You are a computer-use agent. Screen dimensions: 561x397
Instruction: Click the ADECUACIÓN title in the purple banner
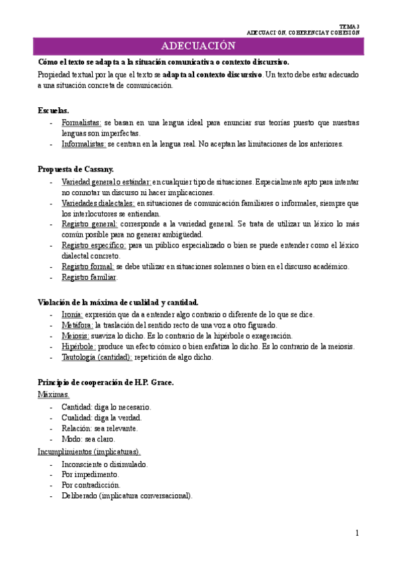pos(198,46)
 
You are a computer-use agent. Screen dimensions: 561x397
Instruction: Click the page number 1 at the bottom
pos(357,533)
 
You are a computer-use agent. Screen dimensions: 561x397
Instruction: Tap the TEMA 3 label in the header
pos(349,26)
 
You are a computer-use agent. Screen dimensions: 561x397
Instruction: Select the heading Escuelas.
pos(53,110)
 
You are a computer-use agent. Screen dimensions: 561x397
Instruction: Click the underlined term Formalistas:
pos(82,123)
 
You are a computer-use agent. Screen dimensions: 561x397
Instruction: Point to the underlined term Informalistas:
pos(84,144)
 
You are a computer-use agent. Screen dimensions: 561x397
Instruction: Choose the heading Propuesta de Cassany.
pos(76,169)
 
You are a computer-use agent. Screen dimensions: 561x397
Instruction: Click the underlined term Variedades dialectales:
pos(98,203)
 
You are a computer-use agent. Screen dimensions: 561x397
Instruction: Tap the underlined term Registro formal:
pos(87,267)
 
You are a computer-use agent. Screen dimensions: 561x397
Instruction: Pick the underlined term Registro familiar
pos(89,277)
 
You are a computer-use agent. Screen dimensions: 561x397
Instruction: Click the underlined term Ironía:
pos(72,314)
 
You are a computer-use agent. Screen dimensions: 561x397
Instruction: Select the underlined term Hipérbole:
pos(79,346)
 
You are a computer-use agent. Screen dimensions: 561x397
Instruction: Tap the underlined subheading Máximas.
pos(54,394)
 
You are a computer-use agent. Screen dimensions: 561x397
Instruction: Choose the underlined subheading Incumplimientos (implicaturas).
pos(88,452)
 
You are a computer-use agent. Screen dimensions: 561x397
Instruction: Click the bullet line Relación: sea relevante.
pos(99,428)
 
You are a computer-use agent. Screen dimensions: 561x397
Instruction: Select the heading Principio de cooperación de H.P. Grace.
pos(105,383)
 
